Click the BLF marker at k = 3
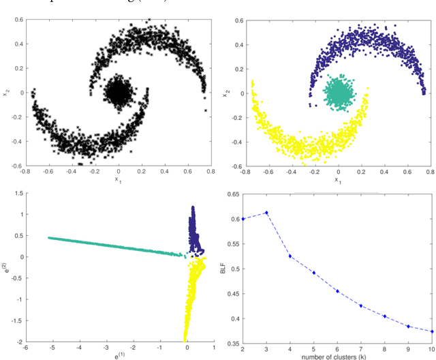click(266, 213)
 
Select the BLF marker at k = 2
click(243, 219)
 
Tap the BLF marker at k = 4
click(290, 256)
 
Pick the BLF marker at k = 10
click(432, 331)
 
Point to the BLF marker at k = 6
click(337, 291)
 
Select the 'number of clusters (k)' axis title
click(338, 355)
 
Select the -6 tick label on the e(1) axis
click(26, 348)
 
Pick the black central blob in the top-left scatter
click(119, 92)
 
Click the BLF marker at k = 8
click(385, 316)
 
